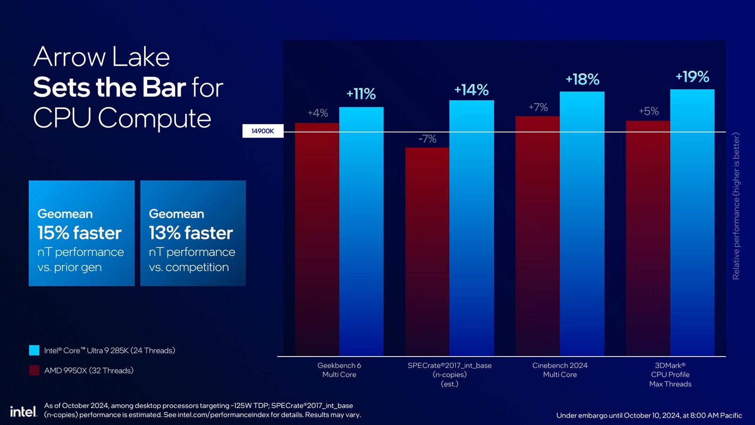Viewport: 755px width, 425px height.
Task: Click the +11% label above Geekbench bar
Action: pyautogui.click(x=361, y=94)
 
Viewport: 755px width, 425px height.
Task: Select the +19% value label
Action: pyautogui.click(x=692, y=77)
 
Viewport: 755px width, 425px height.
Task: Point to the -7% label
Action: pyautogui.click(x=427, y=139)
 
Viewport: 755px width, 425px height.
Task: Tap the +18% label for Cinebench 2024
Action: pyautogui.click(x=582, y=79)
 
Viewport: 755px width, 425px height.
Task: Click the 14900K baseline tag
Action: pyautogui.click(x=263, y=131)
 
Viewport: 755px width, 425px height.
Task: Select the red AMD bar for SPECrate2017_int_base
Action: pyautogui.click(x=427, y=250)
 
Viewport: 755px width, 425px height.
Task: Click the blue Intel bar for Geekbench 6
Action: pyautogui.click(x=361, y=231)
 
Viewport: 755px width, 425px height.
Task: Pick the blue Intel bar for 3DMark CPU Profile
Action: pyautogui.click(x=692, y=222)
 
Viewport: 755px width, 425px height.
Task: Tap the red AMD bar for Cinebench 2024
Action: pyautogui.click(x=537, y=236)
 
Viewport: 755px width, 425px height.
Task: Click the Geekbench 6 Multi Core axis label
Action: pyautogui.click(x=339, y=370)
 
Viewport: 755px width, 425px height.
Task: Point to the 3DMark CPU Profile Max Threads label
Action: pyautogui.click(x=670, y=374)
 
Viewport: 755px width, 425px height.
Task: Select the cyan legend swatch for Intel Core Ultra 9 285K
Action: pyautogui.click(x=34, y=350)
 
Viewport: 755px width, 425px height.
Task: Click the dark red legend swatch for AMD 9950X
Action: pyautogui.click(x=34, y=370)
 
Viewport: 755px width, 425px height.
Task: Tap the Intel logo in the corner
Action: pyautogui.click(x=23, y=412)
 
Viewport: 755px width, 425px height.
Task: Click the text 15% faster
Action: pyautogui.click(x=79, y=233)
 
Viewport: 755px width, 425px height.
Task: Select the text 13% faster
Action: pyautogui.click(x=191, y=233)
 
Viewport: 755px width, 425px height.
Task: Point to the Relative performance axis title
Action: pyautogui.click(x=736, y=206)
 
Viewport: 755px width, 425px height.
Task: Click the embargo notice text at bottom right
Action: pyautogui.click(x=649, y=416)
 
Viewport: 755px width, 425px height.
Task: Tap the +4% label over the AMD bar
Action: pyautogui.click(x=318, y=113)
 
